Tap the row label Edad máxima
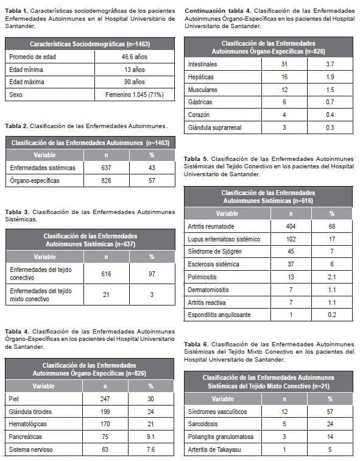25,82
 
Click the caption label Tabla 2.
18,126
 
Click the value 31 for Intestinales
284,64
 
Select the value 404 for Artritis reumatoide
291,226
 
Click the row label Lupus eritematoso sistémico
224,239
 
